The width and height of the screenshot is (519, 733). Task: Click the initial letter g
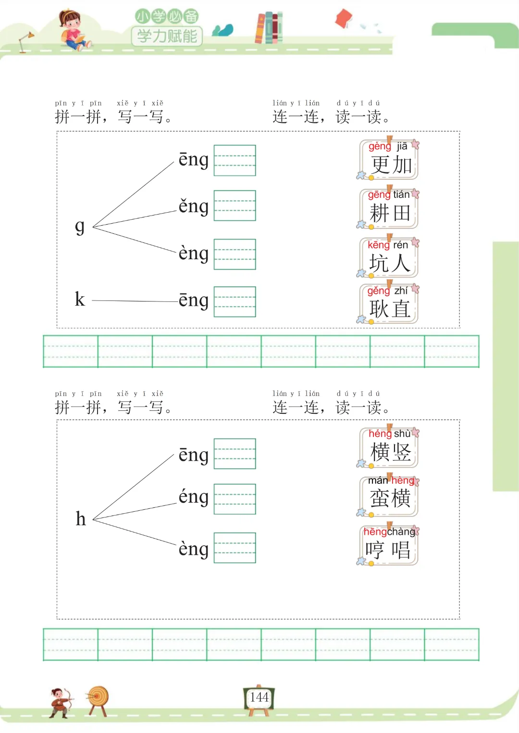(x=80, y=226)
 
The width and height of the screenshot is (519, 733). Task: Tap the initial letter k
(x=80, y=300)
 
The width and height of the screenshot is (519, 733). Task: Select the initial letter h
(x=81, y=519)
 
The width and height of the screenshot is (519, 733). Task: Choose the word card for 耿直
(x=389, y=304)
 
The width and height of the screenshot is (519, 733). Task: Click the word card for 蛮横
(x=389, y=496)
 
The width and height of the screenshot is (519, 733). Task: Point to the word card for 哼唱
(x=389, y=545)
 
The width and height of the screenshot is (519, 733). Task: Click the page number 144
(x=259, y=697)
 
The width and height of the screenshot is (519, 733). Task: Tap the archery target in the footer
(x=98, y=698)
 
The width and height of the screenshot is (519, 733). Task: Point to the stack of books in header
(x=269, y=28)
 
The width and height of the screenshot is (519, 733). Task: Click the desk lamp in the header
(x=25, y=41)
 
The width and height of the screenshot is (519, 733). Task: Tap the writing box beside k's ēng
(x=235, y=301)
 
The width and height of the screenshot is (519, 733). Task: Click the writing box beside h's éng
(x=235, y=499)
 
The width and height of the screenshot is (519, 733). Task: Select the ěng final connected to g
(x=194, y=206)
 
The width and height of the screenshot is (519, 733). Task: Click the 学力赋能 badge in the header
(x=167, y=36)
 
